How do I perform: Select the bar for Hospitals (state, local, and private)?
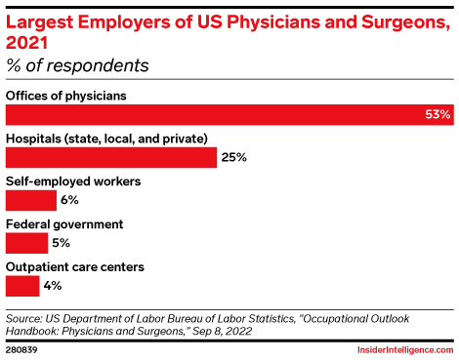tap(111, 157)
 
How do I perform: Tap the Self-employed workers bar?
tap(31, 200)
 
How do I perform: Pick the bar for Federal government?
tap(26, 243)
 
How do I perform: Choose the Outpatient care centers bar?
tap(22, 286)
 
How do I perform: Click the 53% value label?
tap(438, 115)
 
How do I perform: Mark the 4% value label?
tap(53, 286)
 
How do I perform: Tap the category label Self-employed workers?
tap(73, 180)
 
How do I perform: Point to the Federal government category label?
tap(64, 223)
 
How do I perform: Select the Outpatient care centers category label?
tap(75, 266)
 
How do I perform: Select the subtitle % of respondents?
tap(78, 66)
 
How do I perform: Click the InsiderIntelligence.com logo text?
tap(400, 347)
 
